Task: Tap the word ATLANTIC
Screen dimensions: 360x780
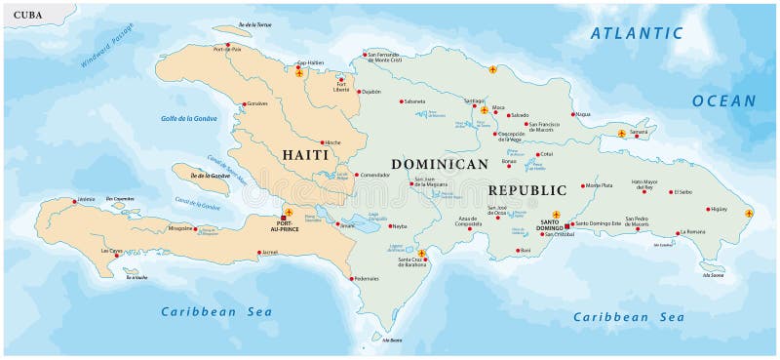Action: (x=638, y=33)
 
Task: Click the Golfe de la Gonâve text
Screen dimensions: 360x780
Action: (x=189, y=119)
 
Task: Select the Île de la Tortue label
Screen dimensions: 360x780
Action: (x=257, y=24)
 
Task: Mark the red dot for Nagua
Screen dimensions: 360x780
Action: (x=572, y=113)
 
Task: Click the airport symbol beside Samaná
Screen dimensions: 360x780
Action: (x=622, y=132)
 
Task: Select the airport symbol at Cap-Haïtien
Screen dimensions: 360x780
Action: (x=300, y=71)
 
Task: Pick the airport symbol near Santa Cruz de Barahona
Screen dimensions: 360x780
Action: (x=421, y=254)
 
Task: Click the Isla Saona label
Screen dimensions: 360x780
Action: (x=713, y=275)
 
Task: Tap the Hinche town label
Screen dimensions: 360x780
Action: (x=332, y=142)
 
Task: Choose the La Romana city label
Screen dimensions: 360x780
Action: (x=692, y=231)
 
